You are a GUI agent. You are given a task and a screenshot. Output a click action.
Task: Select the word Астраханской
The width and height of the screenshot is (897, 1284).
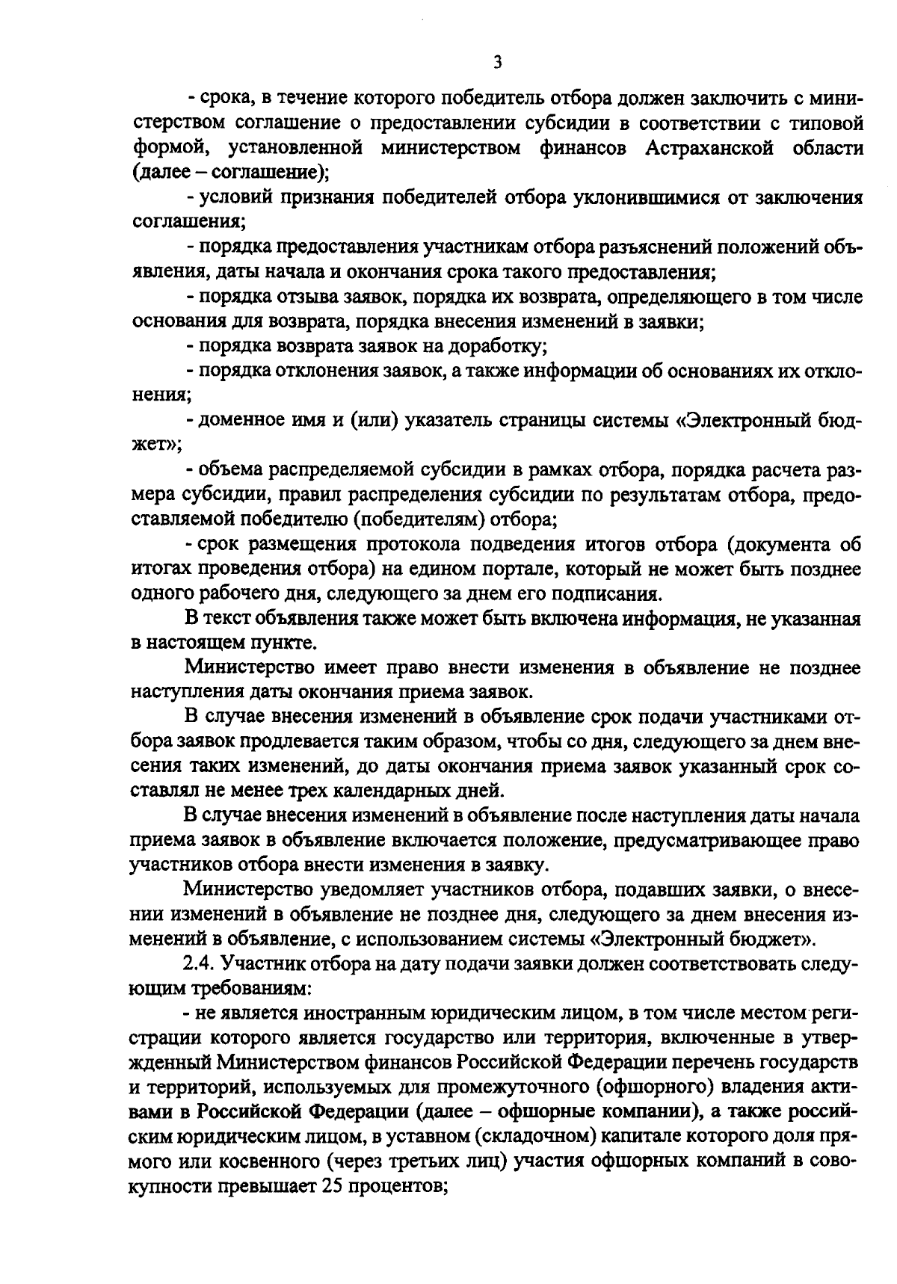(708, 148)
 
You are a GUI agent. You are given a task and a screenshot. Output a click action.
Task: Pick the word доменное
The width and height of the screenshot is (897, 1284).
(238, 422)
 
